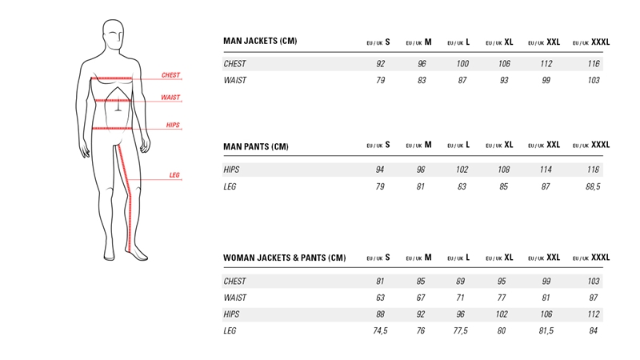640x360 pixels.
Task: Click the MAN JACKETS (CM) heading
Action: pyautogui.click(x=260, y=42)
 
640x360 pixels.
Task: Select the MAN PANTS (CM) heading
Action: pyautogui.click(x=255, y=146)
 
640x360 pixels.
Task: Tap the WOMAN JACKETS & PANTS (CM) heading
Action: pyautogui.click(x=284, y=258)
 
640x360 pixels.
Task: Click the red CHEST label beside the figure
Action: pyautogui.click(x=170, y=75)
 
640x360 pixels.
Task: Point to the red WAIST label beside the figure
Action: pyautogui.click(x=170, y=98)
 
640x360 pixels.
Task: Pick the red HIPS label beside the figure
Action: pyautogui.click(x=172, y=125)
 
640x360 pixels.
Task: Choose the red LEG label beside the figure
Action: pyautogui.click(x=174, y=175)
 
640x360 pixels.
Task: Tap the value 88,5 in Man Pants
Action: pyautogui.click(x=591, y=186)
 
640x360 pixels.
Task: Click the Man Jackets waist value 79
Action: pyautogui.click(x=382, y=80)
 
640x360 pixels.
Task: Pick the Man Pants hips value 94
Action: pyautogui.click(x=382, y=170)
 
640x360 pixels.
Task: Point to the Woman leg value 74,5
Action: pyautogui.click(x=378, y=330)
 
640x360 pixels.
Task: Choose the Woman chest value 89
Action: pyautogui.click(x=459, y=282)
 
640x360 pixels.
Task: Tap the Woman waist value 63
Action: pyautogui.click(x=382, y=298)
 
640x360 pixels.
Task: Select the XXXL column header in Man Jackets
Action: pyautogui.click(x=591, y=42)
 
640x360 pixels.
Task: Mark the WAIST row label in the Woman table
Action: pyautogui.click(x=234, y=298)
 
